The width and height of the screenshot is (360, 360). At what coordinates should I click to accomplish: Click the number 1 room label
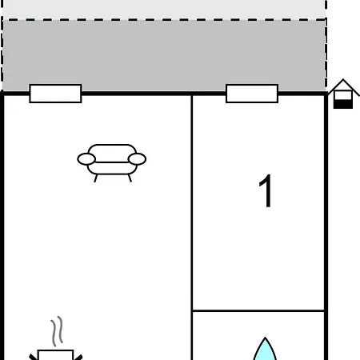pyautogui.click(x=266, y=190)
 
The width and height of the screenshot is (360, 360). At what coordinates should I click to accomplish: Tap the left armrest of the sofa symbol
pyautogui.click(x=86, y=159)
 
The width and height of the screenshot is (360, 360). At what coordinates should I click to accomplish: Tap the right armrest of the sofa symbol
pyautogui.click(x=137, y=159)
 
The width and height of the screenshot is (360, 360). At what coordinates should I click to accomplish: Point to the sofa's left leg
pyautogui.click(x=95, y=178)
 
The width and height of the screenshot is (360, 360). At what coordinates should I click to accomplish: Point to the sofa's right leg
pyautogui.click(x=130, y=178)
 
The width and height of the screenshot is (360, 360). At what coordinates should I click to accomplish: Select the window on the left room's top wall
pyautogui.click(x=55, y=94)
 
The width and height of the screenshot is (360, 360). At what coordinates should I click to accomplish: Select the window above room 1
pyautogui.click(x=252, y=94)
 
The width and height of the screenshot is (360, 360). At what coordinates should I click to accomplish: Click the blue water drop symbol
pyautogui.click(x=265, y=350)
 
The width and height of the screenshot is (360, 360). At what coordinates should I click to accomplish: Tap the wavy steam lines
pyautogui.click(x=57, y=331)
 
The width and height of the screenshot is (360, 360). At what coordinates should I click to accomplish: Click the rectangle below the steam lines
pyautogui.click(x=55, y=355)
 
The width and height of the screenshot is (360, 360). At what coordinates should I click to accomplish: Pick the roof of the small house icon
pyautogui.click(x=343, y=85)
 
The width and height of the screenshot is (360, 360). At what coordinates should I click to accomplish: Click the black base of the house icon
pyautogui.click(x=343, y=104)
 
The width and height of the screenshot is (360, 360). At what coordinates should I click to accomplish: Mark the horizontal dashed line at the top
pyautogui.click(x=164, y=20)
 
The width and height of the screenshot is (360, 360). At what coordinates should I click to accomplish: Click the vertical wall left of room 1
pyautogui.click(x=192, y=227)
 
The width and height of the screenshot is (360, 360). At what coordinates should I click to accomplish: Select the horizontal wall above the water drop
pyautogui.click(x=258, y=310)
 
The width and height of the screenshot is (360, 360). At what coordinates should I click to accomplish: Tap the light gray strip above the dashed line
pyautogui.click(x=164, y=9)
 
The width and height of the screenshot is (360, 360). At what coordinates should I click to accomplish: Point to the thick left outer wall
pyautogui.click(x=2, y=226)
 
